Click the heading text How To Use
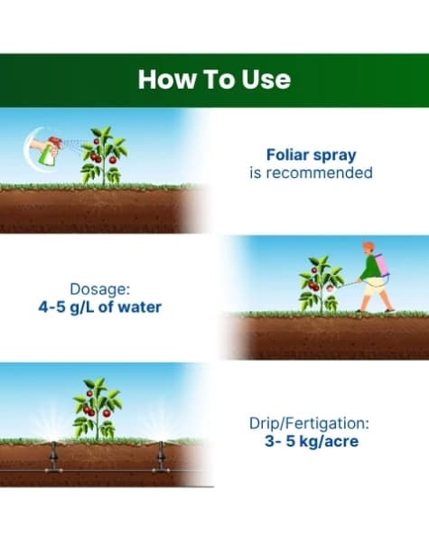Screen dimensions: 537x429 point(214,79)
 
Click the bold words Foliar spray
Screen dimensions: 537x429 point(311,154)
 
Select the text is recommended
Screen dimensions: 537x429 point(311,173)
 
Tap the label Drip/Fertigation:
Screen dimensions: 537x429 point(311,423)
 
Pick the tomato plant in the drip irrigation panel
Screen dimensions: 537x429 point(98,410)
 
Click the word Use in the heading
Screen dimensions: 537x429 point(266,79)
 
